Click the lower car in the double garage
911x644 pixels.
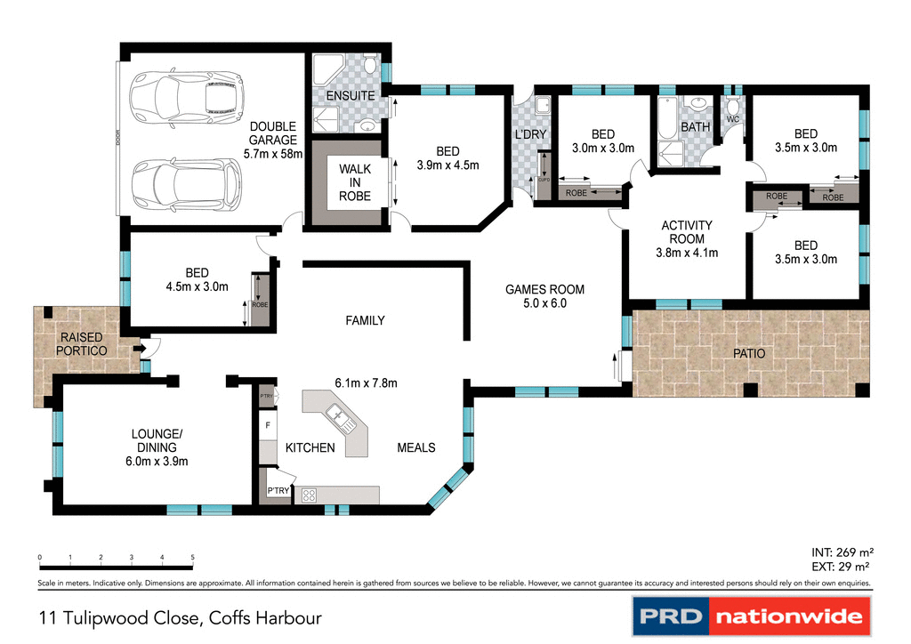point(185,183)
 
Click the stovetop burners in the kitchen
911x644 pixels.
point(310,496)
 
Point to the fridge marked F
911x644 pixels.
point(268,426)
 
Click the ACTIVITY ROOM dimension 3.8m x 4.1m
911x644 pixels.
point(687,252)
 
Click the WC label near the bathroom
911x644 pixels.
point(733,118)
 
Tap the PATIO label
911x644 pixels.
point(748,353)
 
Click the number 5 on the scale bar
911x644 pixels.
point(192,558)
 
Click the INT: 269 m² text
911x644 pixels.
point(840,552)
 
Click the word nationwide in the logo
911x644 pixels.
point(788,616)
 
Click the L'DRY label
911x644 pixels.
point(530,134)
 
